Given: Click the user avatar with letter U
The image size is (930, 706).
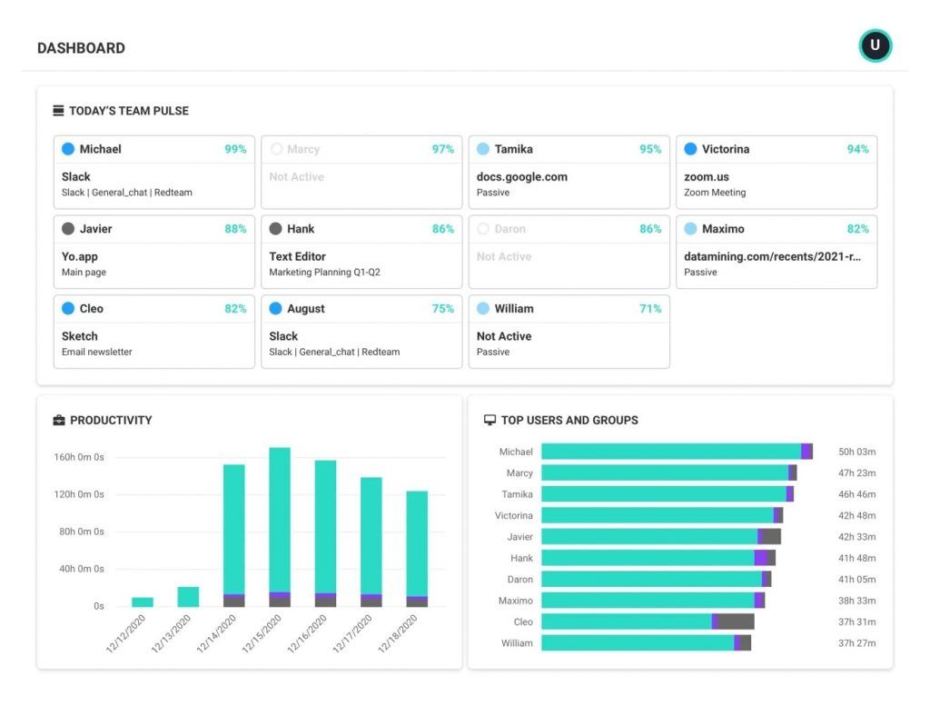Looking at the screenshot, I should [x=875, y=45].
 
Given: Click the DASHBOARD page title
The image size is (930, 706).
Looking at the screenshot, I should [x=81, y=48].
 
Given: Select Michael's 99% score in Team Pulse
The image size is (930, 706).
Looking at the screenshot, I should [x=235, y=149].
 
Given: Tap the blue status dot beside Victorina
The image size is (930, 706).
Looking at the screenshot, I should [x=690, y=149].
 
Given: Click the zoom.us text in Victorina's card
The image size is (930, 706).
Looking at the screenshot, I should [x=706, y=177].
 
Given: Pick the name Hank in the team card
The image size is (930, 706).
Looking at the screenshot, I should [x=301, y=229].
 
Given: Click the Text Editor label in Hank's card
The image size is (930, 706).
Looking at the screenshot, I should [x=297, y=256].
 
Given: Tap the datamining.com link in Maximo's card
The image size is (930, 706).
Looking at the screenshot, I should [x=772, y=256].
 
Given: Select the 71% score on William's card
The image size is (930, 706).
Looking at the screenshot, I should [x=650, y=309].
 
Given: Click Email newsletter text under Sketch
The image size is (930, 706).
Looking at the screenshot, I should [x=96, y=352].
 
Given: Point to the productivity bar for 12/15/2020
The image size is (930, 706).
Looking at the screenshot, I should [x=280, y=522].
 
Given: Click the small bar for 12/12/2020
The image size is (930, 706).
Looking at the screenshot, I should [x=143, y=602].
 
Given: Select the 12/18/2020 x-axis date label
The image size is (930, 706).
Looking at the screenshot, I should [x=398, y=632].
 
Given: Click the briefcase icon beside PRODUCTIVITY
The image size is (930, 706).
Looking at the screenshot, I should [x=59, y=420].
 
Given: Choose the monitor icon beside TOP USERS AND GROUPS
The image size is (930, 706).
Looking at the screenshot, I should [x=490, y=420].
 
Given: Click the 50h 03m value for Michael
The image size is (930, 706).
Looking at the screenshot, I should [x=856, y=452].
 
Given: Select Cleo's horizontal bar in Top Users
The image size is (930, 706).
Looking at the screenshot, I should [x=636, y=621].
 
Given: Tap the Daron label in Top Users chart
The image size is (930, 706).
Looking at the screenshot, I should [x=519, y=579].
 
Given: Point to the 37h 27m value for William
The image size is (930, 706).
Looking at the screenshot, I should [x=856, y=643].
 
